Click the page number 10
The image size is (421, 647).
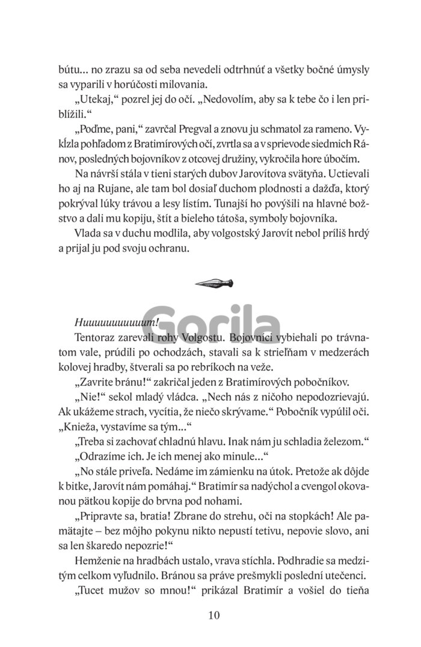click(x=214, y=615)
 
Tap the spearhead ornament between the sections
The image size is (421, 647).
click(x=214, y=281)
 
